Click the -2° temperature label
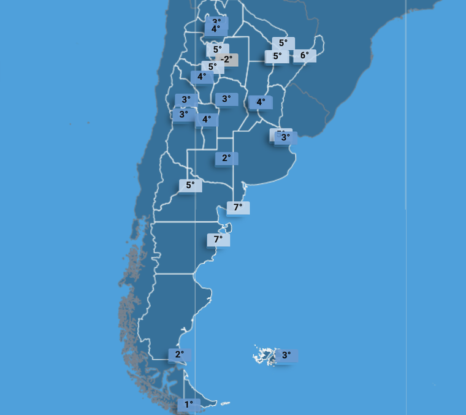pos(227,59)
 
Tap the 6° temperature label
pos(305,56)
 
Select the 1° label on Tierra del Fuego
pos(189,405)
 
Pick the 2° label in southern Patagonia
pos(180,354)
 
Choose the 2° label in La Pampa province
pos(226,158)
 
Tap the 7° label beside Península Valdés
pos(218,239)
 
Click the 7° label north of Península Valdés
pos(239,207)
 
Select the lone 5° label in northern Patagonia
pos(191,185)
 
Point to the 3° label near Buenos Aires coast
pos(285,138)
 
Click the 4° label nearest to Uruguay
pos(261,102)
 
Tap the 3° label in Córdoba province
pos(226,99)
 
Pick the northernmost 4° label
pos(216,29)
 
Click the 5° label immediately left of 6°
pos(277,56)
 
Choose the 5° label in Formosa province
pos(283,43)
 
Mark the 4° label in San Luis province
pos(207,120)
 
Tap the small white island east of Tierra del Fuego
pos(226,403)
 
